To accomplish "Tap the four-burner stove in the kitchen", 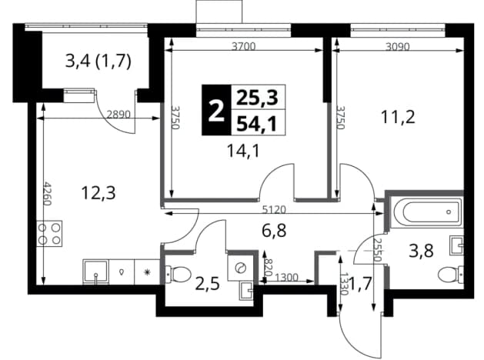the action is [49, 233].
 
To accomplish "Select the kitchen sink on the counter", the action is [96, 272].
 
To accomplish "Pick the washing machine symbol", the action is [240, 268].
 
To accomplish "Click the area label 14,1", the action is [244, 151].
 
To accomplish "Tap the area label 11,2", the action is [398, 117].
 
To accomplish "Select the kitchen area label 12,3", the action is [98, 193].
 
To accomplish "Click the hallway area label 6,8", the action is [274, 231].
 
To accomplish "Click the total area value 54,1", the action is [256, 125].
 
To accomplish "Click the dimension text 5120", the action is [274, 210].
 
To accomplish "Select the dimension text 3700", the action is [244, 47].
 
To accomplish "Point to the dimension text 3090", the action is [398, 47].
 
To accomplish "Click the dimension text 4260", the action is [47, 194].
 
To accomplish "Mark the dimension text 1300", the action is [286, 278].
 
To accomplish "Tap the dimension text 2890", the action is [118, 115].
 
